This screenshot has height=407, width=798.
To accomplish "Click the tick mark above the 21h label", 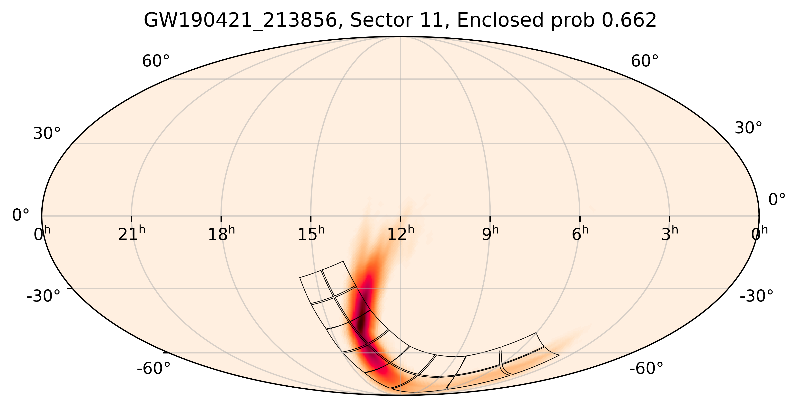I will tap(131, 219).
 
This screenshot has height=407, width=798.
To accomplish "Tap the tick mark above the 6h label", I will tap(580, 219).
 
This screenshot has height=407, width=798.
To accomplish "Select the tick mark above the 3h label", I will tap(669, 219).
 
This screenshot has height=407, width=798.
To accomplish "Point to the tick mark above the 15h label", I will tap(311, 219).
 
